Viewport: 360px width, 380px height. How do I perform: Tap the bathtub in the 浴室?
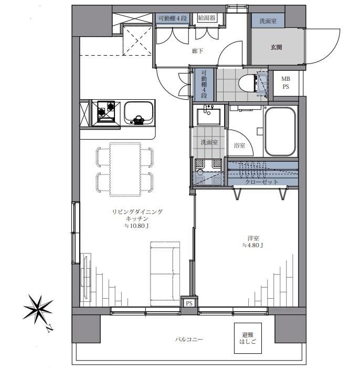(280, 131)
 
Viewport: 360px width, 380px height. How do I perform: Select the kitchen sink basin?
(139, 113)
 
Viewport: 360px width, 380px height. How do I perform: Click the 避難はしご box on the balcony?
(248, 338)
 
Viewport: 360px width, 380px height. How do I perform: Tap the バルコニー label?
(189, 339)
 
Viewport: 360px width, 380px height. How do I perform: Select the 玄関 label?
(276, 47)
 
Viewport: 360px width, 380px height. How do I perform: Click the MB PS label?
(285, 82)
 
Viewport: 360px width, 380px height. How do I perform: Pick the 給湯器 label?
(207, 18)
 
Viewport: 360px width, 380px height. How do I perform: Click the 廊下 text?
(197, 51)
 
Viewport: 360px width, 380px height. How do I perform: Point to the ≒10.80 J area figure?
(136, 226)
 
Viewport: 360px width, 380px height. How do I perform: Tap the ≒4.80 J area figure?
(252, 245)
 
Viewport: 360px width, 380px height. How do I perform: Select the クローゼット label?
(261, 182)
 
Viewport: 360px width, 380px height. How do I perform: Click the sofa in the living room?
(165, 274)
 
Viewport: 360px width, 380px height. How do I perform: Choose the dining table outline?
(125, 170)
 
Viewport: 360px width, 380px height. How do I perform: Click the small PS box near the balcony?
(189, 303)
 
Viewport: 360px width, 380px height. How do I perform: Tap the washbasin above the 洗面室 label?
(208, 117)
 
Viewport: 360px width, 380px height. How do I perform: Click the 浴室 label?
(239, 145)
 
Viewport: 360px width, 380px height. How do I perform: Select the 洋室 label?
(253, 238)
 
